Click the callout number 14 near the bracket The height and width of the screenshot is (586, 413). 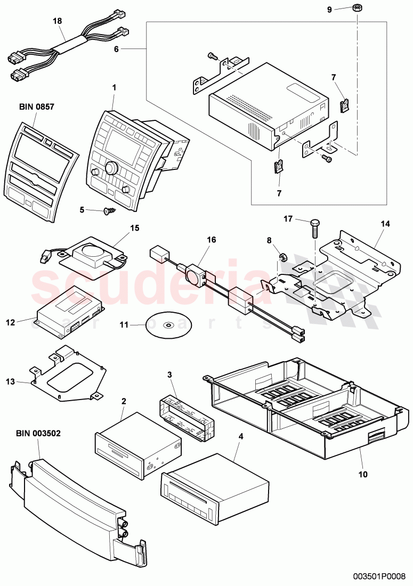[x=385, y=224]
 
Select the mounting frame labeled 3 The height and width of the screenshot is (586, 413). [x=182, y=418]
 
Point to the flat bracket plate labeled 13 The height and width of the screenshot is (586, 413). [x=67, y=376]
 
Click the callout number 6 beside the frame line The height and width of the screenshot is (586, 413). [x=117, y=48]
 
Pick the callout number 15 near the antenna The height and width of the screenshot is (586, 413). [x=134, y=228]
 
